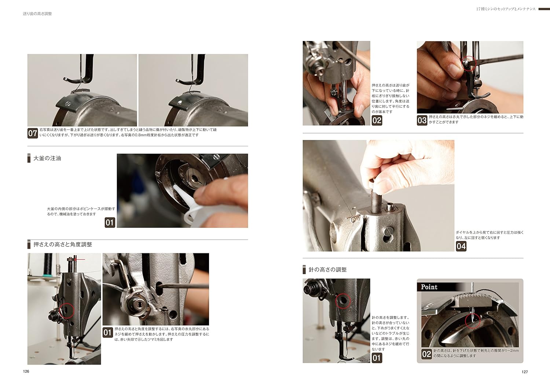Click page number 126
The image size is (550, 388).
point(26,371)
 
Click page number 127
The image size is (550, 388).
point(524,372)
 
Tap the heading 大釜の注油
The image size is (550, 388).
point(47,158)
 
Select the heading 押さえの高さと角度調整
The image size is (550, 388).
point(63,244)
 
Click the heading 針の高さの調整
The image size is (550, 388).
point(327,269)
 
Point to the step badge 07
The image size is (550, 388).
point(33,133)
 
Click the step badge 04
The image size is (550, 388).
point(461,246)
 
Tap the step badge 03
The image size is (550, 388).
point(422,121)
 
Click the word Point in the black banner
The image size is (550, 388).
point(429,287)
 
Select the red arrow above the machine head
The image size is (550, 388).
point(80,259)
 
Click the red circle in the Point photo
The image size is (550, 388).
point(473,321)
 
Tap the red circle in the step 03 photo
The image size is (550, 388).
point(469,63)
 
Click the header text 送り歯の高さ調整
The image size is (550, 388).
point(37,14)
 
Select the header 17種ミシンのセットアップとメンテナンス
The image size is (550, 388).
point(506,9)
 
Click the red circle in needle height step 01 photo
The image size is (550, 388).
point(343,301)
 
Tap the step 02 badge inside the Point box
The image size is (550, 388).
point(427,354)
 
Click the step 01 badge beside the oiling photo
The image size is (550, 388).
point(110,223)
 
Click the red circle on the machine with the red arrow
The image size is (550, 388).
point(66,311)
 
